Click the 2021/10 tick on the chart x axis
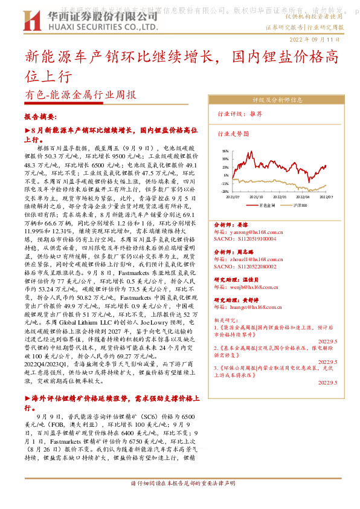coord(256,196)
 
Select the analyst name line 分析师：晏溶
coord(232,224)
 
